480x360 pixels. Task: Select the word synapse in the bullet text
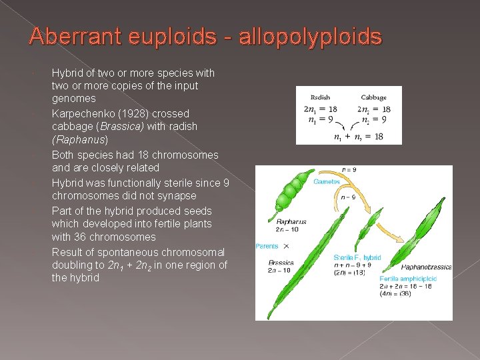pos(175,196)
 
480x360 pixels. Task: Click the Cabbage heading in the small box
pos(374,97)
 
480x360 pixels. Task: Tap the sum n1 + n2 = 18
pos(358,137)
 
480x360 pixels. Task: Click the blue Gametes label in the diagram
pos(327,181)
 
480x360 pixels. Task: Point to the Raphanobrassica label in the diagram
pos(426,267)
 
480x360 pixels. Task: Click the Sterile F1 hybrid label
pos(357,257)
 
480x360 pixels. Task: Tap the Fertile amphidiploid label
pos(409,279)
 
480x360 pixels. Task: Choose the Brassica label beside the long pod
pos(281,263)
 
